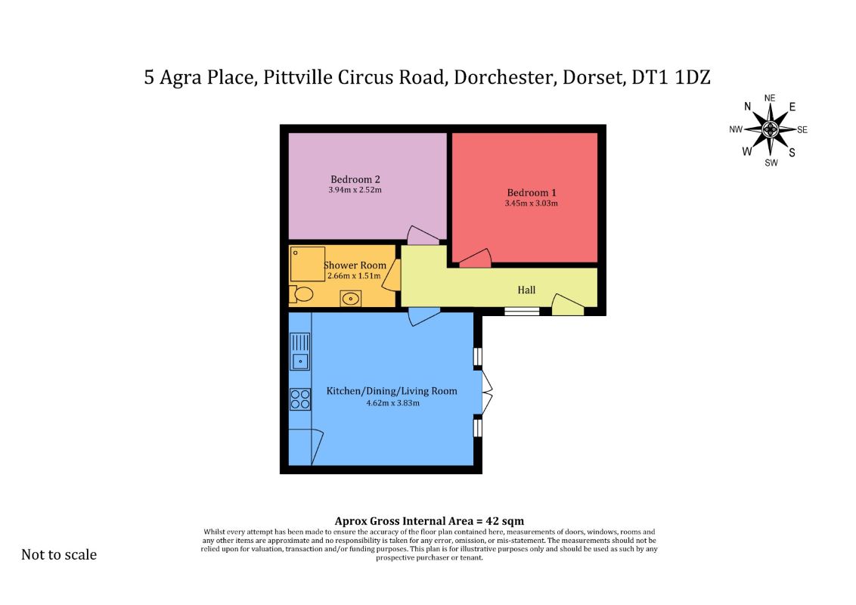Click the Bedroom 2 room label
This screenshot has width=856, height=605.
coord(355,179)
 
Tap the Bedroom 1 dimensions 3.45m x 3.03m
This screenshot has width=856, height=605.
coord(531,203)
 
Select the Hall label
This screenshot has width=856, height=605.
coord(526,290)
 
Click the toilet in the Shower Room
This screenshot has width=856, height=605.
coord(301,293)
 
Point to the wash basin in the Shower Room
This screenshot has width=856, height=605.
coord(350,298)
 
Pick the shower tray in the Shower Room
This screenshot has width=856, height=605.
coord(307,264)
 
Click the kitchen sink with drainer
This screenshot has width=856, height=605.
coord(299,352)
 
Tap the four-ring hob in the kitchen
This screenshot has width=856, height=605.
coord(300,399)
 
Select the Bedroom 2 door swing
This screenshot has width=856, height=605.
coord(423,235)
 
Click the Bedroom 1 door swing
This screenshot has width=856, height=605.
coord(475,259)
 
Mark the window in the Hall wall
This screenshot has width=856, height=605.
coord(521,312)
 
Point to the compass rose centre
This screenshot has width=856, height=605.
coord(770,129)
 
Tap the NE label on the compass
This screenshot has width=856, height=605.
coord(770,98)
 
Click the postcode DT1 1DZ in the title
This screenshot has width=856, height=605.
coord(671,77)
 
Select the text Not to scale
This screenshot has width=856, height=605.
coord(59,554)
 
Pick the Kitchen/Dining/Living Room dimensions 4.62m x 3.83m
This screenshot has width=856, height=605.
coord(393,403)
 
